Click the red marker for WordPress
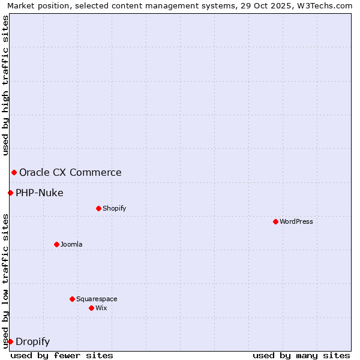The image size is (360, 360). click(275, 221)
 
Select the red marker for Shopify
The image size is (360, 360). click(98, 208)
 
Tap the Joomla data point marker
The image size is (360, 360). click(56, 244)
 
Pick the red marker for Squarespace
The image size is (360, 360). click(72, 299)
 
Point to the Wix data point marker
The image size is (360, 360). click(91, 308)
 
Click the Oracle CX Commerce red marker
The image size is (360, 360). click(14, 172)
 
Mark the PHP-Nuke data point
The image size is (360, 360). click(10, 193)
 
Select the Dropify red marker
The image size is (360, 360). click(10, 341)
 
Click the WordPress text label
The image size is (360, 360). click(296, 221)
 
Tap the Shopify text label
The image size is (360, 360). click(114, 208)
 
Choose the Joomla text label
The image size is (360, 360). click(71, 244)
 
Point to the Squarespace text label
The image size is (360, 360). click(97, 299)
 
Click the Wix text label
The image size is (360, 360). click(101, 308)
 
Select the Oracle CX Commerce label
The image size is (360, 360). click(70, 173)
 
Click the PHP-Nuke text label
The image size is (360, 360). click(39, 193)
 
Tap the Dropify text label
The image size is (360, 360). click(32, 342)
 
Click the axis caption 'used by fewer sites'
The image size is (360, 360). click(62, 355)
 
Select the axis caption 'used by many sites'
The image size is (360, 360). click(301, 355)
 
